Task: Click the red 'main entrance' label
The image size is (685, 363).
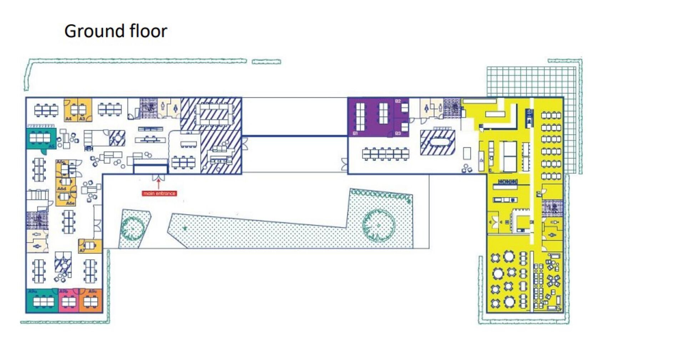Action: [x=159, y=193]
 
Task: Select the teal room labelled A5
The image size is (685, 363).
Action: [x=41, y=139]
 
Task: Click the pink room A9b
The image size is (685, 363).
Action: [x=68, y=301]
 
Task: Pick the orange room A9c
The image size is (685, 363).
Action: [x=91, y=301]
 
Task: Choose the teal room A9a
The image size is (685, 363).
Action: [x=42, y=301]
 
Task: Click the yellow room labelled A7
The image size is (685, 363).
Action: [x=90, y=246]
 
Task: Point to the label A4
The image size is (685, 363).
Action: [x=68, y=119]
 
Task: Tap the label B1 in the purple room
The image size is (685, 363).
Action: [x=355, y=133]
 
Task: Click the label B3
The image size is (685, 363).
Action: [x=398, y=133]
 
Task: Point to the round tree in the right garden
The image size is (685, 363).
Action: [x=379, y=225]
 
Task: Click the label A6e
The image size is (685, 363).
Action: [x=70, y=203]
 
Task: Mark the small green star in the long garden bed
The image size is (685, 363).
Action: [x=185, y=228]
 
